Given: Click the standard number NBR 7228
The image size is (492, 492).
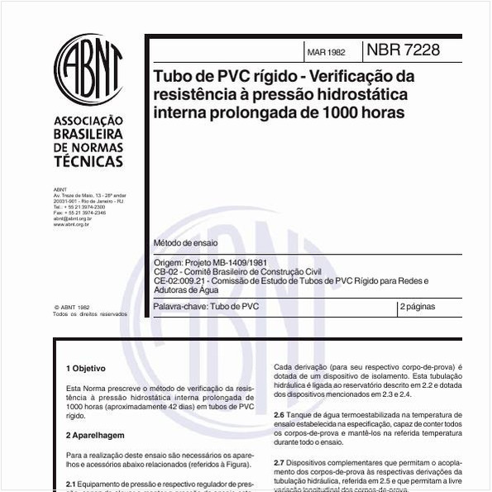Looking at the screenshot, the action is pyautogui.click(x=404, y=50).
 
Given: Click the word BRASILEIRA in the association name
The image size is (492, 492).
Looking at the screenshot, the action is pyautogui.click(x=88, y=134).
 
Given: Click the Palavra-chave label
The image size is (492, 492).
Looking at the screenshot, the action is pyautogui.click(x=181, y=306).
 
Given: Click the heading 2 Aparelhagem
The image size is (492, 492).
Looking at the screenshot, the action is pyautogui.click(x=95, y=433).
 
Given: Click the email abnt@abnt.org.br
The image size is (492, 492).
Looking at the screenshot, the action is pyautogui.click(x=72, y=218).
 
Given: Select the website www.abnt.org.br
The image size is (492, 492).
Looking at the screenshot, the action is pyautogui.click(x=71, y=223).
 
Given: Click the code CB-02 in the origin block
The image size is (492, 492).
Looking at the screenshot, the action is pyautogui.click(x=165, y=271).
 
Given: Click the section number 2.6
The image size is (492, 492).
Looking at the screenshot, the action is pyautogui.click(x=279, y=413).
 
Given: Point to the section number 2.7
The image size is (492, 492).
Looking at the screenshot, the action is pyautogui.click(x=279, y=461).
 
